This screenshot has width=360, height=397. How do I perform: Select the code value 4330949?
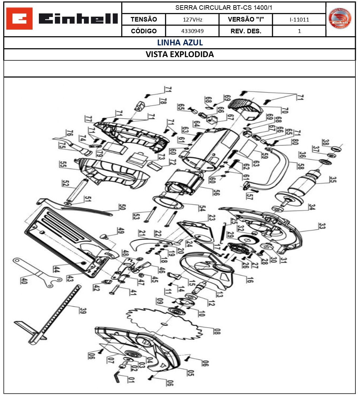click(192, 31)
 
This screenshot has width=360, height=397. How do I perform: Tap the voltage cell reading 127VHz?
click(192, 20)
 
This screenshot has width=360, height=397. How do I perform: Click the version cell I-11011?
click(299, 20)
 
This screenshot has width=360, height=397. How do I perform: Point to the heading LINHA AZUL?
click(180, 43)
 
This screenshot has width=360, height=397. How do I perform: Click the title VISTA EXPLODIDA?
click(180, 55)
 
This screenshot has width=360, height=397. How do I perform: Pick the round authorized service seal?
click(340, 19)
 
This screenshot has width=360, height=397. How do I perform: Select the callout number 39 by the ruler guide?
click(83, 310)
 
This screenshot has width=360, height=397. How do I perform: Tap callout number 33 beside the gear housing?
click(321, 226)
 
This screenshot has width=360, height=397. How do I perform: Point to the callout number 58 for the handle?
click(300, 166)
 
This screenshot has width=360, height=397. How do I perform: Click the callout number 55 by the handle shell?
click(63, 164)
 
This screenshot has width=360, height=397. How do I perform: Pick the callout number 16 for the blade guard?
click(250, 279)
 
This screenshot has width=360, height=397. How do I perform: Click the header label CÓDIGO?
click(143, 31)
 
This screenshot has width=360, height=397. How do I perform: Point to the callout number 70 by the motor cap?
click(285, 110)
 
